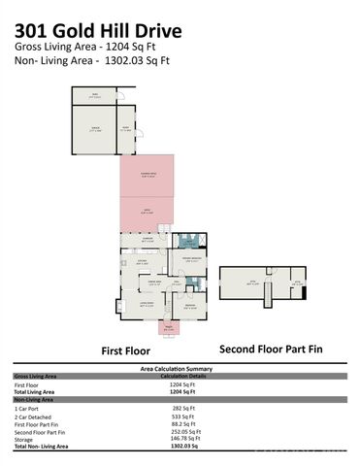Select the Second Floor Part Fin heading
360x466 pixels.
pos(270,349)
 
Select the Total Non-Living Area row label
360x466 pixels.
pos(45,448)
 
